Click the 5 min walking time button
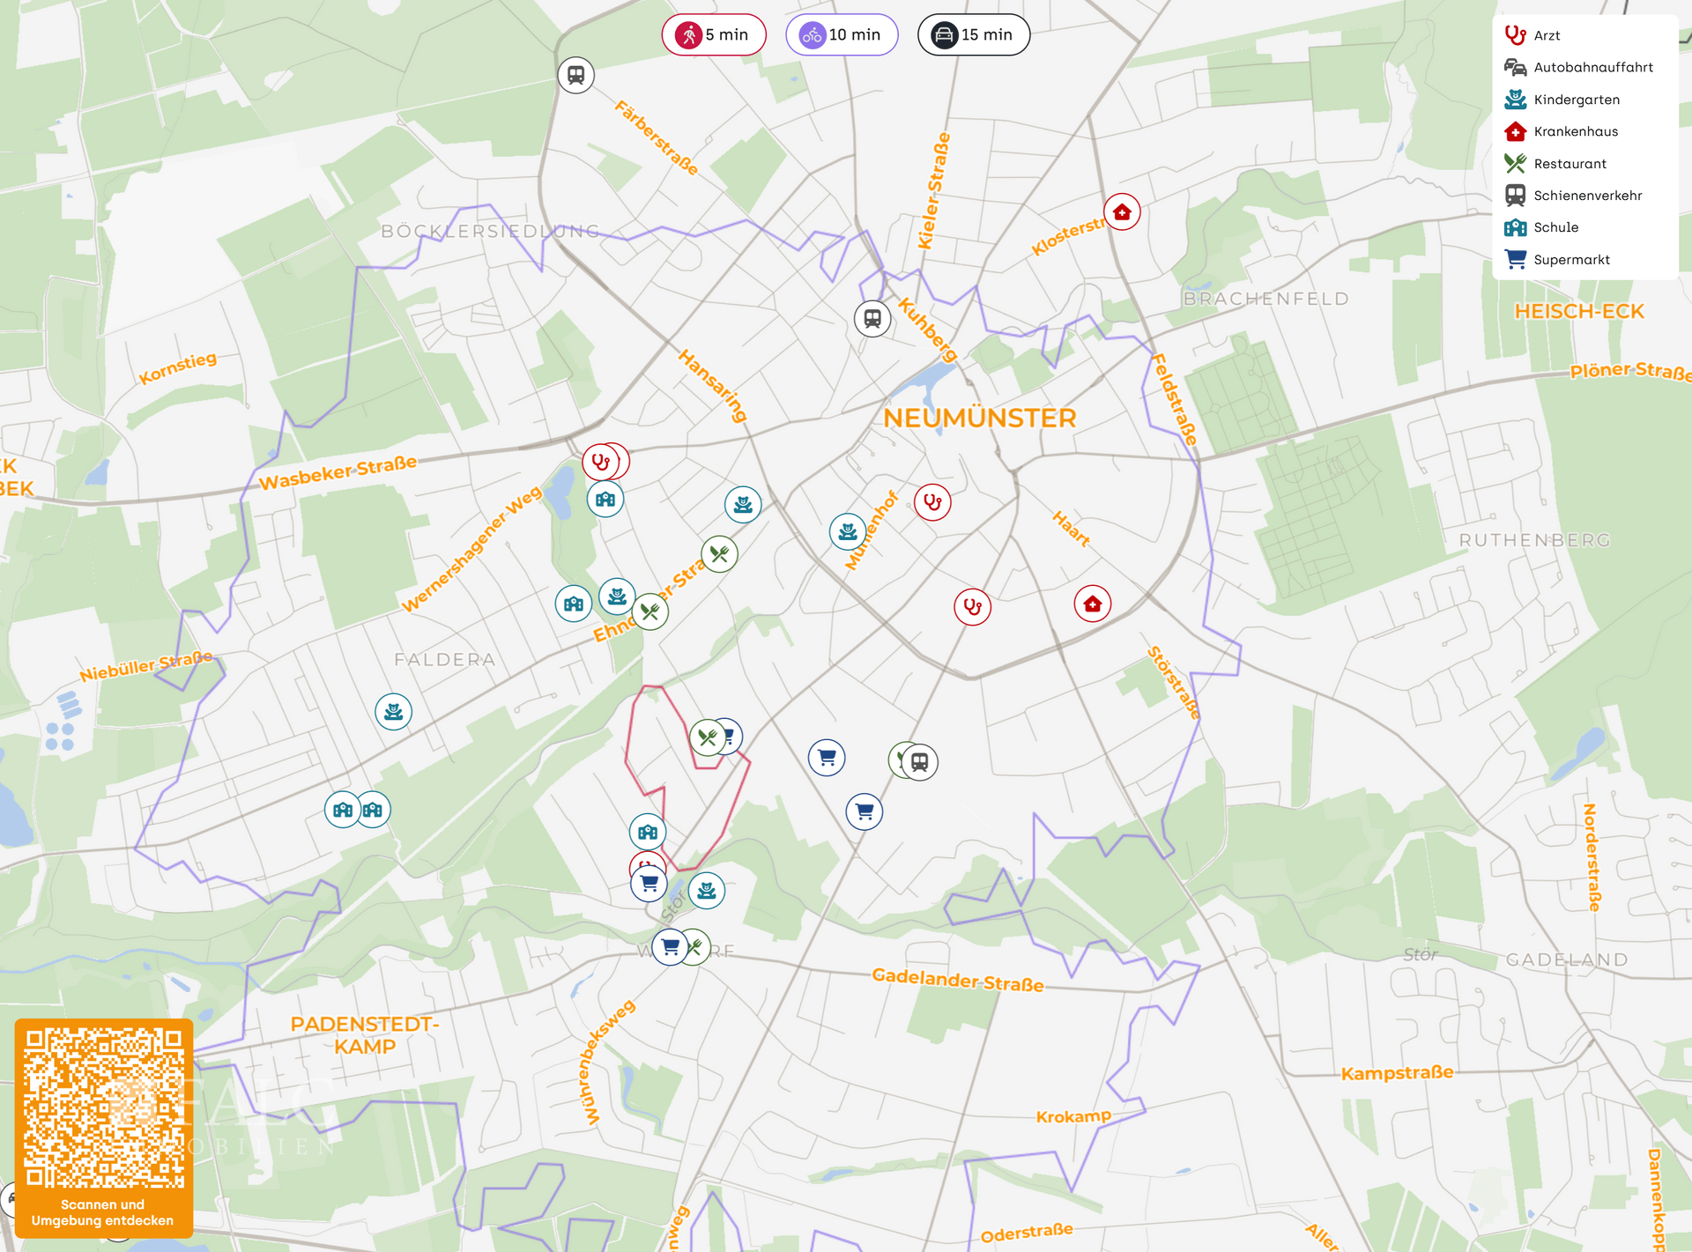[x=713, y=35]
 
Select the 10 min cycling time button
[x=841, y=35]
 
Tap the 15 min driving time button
[x=973, y=35]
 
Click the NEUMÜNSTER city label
[x=979, y=419]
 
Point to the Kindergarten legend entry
[x=1576, y=100]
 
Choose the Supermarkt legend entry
[x=1570, y=260]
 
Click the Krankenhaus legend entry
[x=1575, y=131]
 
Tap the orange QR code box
[x=104, y=1127]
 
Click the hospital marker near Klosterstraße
[x=1122, y=212]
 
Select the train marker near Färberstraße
[x=575, y=75]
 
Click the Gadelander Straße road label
[x=957, y=980]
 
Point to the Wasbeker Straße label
[x=338, y=472]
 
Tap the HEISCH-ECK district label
[x=1578, y=312]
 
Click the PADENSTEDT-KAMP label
[x=365, y=1035]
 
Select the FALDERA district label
[x=444, y=660]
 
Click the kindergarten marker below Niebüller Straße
[x=393, y=711]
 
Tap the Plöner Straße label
[x=1629, y=371]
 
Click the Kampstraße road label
[x=1397, y=1073]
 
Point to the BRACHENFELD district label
[x=1265, y=299]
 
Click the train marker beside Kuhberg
[x=872, y=318]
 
